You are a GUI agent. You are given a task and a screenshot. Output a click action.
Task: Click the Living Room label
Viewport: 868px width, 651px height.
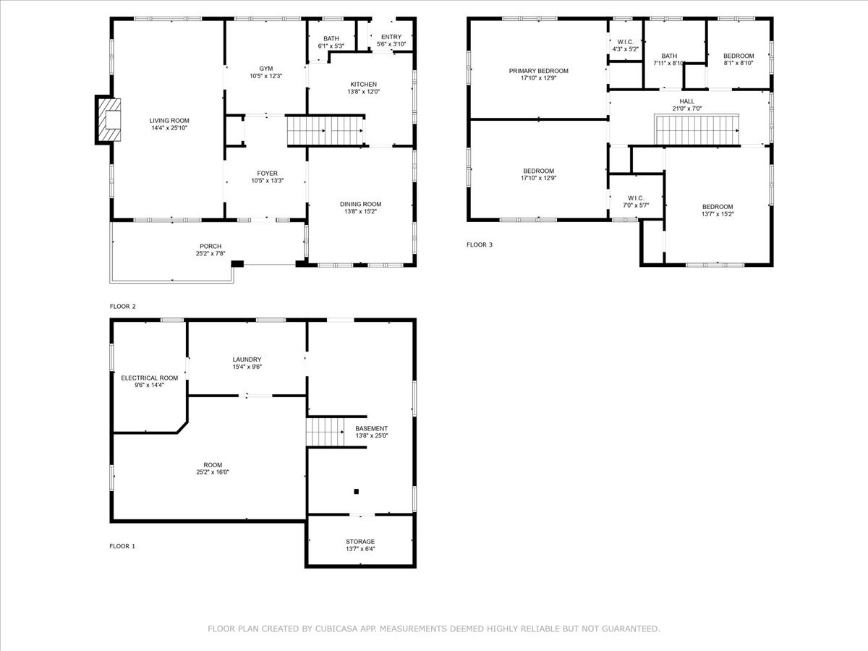[x=169, y=121]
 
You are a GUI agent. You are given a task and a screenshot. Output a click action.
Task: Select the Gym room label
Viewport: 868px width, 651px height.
[x=265, y=69]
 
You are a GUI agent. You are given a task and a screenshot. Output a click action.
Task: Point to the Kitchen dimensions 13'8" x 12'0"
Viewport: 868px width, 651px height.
[x=363, y=92]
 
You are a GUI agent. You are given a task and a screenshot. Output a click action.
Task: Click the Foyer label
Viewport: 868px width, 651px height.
[x=268, y=174]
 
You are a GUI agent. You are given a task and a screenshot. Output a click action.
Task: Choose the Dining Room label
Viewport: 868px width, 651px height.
[x=361, y=205]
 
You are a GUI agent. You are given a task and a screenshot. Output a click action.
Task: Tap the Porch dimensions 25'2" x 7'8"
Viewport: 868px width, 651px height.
[x=210, y=254]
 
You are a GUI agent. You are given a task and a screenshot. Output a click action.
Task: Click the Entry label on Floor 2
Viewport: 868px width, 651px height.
[x=391, y=37]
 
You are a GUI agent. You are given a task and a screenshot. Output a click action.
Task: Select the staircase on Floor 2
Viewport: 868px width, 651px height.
[x=325, y=131]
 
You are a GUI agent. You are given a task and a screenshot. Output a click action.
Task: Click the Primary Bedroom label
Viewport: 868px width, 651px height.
[x=539, y=71]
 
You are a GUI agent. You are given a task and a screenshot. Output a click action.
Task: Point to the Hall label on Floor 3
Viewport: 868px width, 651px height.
[x=687, y=101]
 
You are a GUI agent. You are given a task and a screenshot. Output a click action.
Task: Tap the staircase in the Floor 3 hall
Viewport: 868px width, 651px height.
[x=697, y=130]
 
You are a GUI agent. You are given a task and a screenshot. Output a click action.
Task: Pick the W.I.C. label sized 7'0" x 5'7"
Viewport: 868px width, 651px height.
[x=636, y=198]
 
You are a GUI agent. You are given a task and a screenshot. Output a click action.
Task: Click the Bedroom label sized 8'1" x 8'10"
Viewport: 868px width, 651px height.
[x=739, y=56]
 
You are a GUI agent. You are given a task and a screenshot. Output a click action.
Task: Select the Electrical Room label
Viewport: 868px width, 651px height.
[x=150, y=378]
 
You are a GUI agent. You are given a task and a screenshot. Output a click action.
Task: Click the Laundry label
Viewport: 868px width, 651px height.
[x=247, y=359]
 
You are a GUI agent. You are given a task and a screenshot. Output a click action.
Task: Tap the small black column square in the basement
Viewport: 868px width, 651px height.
[x=357, y=492]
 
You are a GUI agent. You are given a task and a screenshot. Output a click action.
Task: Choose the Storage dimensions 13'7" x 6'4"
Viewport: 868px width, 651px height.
[x=360, y=549]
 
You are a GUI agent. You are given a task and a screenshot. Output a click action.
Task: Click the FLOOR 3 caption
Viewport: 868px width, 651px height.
[x=480, y=245]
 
